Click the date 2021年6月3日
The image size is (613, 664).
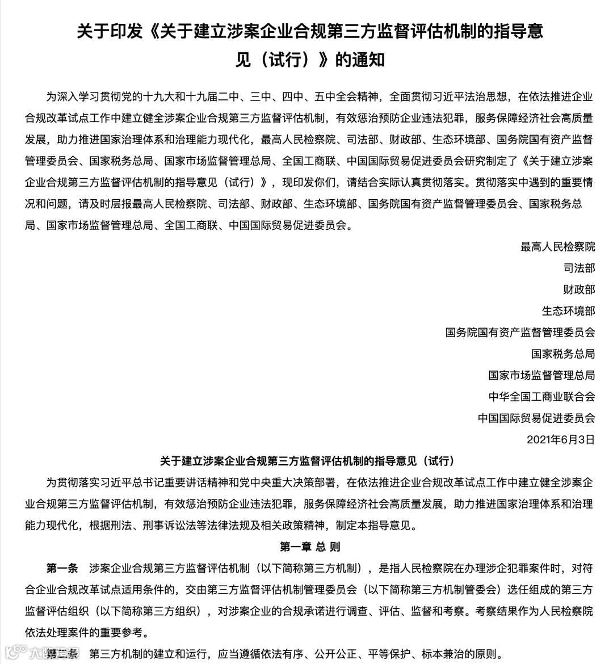click(x=560, y=440)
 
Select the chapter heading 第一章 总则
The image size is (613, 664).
click(x=310, y=547)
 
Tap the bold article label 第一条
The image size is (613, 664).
click(x=62, y=568)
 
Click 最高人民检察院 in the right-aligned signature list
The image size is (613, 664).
click(x=557, y=247)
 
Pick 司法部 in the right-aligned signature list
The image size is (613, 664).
click(x=579, y=268)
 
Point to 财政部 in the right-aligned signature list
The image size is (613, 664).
click(x=579, y=289)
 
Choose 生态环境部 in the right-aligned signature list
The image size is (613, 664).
click(x=568, y=311)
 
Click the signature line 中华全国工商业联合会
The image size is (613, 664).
click(x=541, y=397)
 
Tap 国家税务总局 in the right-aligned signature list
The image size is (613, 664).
click(x=562, y=354)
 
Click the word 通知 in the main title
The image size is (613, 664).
click(x=370, y=60)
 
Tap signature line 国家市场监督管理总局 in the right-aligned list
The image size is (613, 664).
click(x=541, y=375)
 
